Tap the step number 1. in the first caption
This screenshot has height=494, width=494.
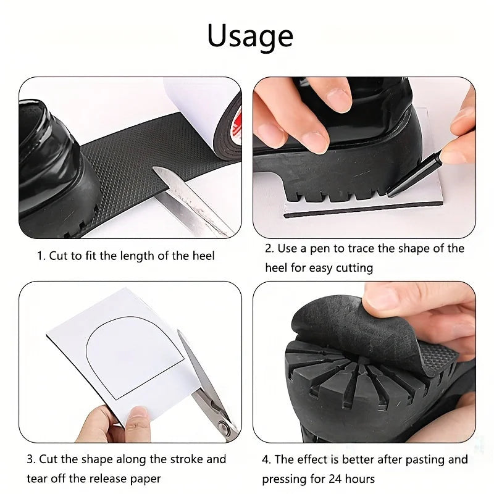41,255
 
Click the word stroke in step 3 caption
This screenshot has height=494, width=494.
185,459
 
